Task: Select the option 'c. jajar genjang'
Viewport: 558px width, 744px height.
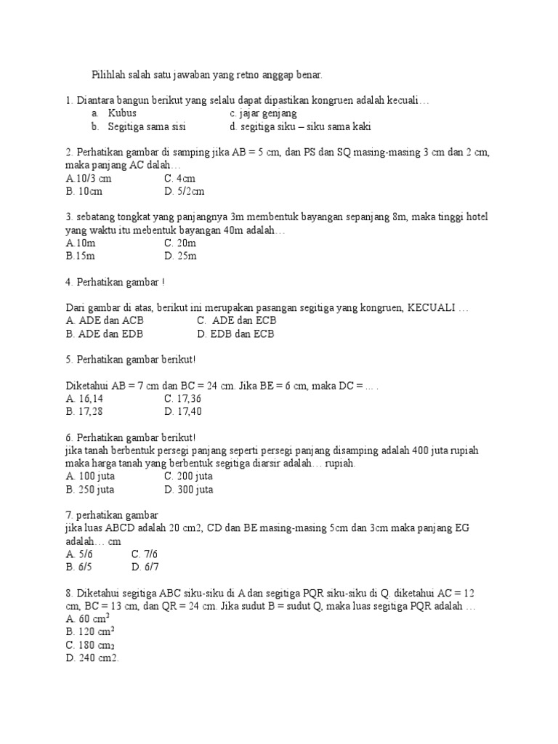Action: tap(263, 113)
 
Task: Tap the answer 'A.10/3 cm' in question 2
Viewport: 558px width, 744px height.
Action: tap(89, 178)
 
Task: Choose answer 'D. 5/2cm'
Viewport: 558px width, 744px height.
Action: tap(185, 191)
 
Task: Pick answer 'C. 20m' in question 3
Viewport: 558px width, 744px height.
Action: tap(181, 243)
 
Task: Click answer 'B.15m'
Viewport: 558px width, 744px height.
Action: tap(81, 256)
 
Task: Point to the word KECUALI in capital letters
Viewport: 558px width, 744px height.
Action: tap(432, 308)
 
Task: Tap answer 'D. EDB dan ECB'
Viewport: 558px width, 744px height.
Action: tap(235, 334)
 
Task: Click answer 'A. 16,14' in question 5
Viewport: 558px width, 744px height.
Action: tap(84, 399)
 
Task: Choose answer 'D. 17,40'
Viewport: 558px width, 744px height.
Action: tap(183, 412)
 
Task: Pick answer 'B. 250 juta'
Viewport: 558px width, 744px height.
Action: tap(91, 490)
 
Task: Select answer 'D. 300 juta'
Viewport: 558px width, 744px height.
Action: tap(189, 490)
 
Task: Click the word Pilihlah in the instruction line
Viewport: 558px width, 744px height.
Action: tap(109, 75)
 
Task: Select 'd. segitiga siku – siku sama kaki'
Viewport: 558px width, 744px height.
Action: tap(300, 126)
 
